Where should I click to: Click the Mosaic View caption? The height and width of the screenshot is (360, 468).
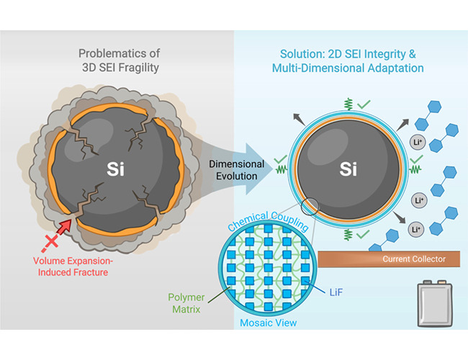[x=268, y=324]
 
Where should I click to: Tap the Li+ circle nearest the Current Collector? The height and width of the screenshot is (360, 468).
[x=416, y=230]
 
